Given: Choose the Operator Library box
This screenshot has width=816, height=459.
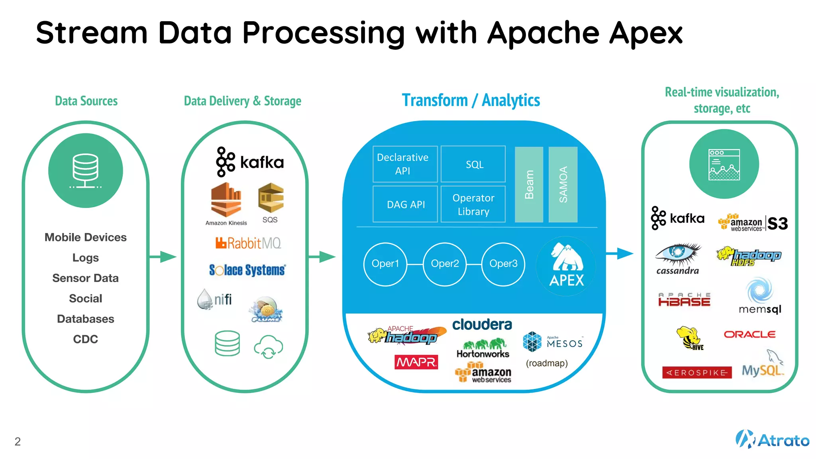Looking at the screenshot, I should click(x=473, y=204).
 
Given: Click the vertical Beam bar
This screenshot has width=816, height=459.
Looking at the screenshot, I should click(x=529, y=184).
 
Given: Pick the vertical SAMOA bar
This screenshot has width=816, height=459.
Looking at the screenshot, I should click(x=563, y=184).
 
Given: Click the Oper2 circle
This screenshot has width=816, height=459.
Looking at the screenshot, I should click(x=445, y=264).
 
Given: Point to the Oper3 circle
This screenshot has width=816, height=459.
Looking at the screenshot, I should click(x=503, y=264).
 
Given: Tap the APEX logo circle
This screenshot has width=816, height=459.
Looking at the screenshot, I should click(x=566, y=266).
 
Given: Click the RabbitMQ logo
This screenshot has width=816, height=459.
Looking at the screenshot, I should click(x=248, y=243).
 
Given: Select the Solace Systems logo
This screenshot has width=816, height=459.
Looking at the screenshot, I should click(x=247, y=270).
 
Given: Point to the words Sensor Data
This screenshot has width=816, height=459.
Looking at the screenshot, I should click(x=85, y=278).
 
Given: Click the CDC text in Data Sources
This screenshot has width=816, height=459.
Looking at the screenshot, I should click(x=85, y=339).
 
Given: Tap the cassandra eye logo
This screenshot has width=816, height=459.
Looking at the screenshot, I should click(x=678, y=255).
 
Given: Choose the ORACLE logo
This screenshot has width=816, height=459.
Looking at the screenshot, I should click(x=749, y=334).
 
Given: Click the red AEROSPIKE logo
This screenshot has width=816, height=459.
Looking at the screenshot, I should click(x=697, y=373).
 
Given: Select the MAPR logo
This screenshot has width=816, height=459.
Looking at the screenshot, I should click(x=416, y=362).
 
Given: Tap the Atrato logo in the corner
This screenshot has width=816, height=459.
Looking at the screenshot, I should click(x=772, y=439).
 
